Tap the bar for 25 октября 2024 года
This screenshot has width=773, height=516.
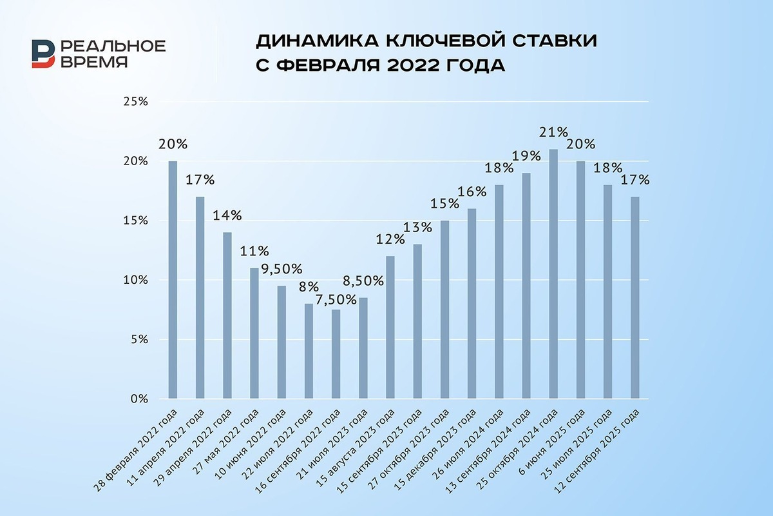tap(553, 273)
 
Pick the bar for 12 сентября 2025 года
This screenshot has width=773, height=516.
tap(635, 297)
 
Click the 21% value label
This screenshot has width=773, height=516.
tap(553, 132)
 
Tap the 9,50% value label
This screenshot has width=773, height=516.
tap(282, 269)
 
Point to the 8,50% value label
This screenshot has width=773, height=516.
tap(363, 281)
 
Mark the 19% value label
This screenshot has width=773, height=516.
tap(526, 156)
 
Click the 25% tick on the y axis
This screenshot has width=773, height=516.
tap(137, 102)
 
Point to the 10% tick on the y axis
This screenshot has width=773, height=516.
tap(137, 280)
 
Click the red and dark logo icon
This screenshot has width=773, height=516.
tap(43, 54)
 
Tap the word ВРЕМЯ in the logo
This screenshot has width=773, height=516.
tap(95, 62)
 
